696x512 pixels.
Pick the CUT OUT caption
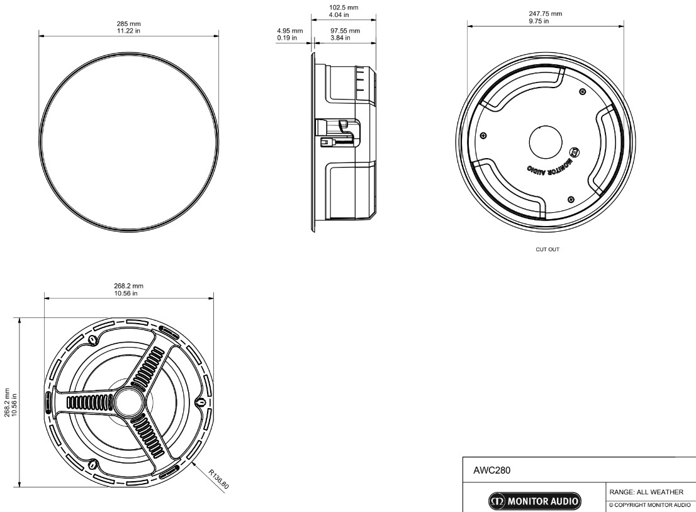547,249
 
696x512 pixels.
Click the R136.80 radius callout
218,479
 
